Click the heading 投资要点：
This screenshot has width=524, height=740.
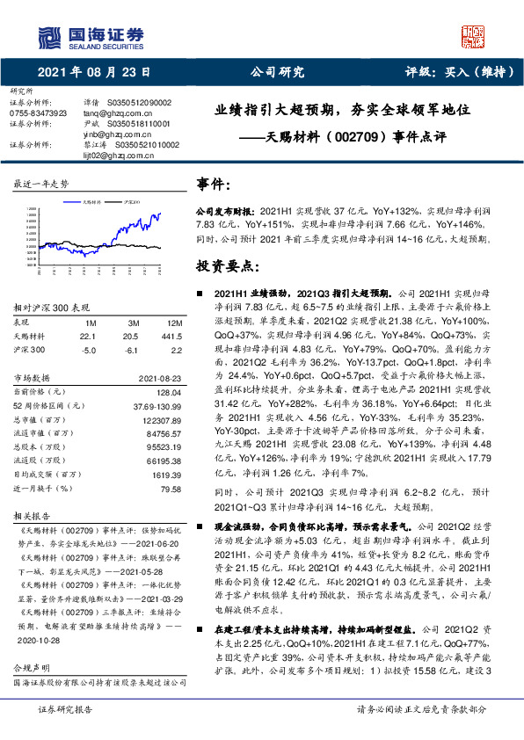point(228,265)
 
